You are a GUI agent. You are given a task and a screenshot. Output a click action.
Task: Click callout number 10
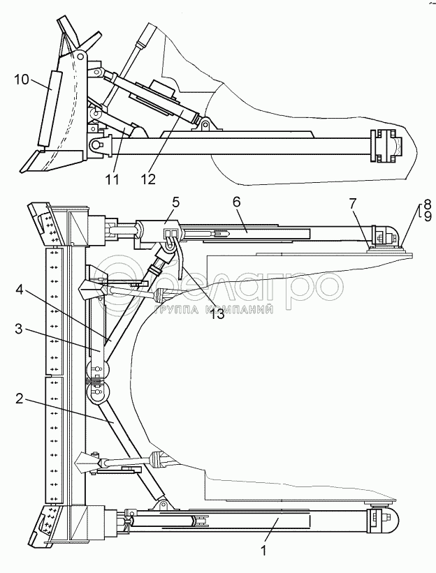[x=21, y=80]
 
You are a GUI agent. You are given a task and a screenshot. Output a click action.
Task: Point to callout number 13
[x=218, y=294]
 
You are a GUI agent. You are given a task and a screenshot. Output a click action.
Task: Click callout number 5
[x=175, y=202]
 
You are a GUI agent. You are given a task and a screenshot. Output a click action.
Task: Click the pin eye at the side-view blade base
[x=96, y=145]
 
